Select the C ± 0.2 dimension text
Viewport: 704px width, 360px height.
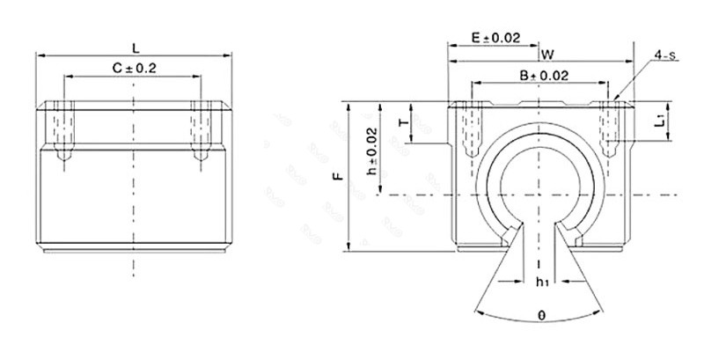(134, 68)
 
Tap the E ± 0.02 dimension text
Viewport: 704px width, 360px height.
(496, 38)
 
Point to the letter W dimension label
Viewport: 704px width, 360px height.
(547, 54)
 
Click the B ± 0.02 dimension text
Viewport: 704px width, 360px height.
(543, 77)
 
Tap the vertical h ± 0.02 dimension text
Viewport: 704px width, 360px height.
(372, 149)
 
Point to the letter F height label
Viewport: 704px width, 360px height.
(338, 177)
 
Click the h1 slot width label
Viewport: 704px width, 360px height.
(542, 283)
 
